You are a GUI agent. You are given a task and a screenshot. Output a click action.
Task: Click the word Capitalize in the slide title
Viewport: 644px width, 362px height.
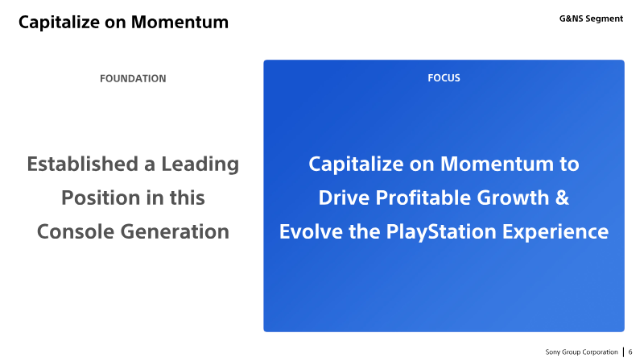click(59, 23)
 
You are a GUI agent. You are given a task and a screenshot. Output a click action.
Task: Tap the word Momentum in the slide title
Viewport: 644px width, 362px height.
click(180, 23)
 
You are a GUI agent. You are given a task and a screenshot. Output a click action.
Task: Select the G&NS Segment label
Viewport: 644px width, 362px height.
click(591, 19)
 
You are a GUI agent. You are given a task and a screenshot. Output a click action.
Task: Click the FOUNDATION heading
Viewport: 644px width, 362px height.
click(133, 78)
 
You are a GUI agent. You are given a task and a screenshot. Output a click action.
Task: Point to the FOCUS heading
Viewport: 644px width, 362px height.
click(444, 78)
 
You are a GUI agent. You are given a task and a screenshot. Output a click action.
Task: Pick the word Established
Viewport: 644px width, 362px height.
click(83, 164)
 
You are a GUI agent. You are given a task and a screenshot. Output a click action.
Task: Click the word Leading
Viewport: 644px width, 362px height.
click(200, 164)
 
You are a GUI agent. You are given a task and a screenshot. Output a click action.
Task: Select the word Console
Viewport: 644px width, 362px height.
click(76, 231)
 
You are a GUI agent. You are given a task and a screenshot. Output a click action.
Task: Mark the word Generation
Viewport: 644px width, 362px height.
click(175, 231)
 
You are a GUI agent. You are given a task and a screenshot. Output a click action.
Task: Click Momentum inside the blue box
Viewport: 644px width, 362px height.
click(497, 164)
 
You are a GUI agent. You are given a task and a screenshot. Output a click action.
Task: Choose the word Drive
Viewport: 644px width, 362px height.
click(344, 198)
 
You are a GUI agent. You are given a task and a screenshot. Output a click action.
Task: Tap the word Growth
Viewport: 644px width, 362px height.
click(513, 198)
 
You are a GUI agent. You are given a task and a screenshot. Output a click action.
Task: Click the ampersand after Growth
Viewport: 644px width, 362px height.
click(562, 198)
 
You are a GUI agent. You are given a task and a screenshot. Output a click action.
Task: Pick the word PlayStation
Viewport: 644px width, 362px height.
click(441, 232)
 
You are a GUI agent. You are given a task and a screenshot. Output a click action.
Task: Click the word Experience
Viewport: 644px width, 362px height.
click(555, 232)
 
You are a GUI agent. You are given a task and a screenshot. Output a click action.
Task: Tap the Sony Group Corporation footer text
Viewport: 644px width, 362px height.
click(581, 352)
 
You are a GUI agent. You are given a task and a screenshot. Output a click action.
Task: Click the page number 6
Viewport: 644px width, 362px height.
click(630, 352)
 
